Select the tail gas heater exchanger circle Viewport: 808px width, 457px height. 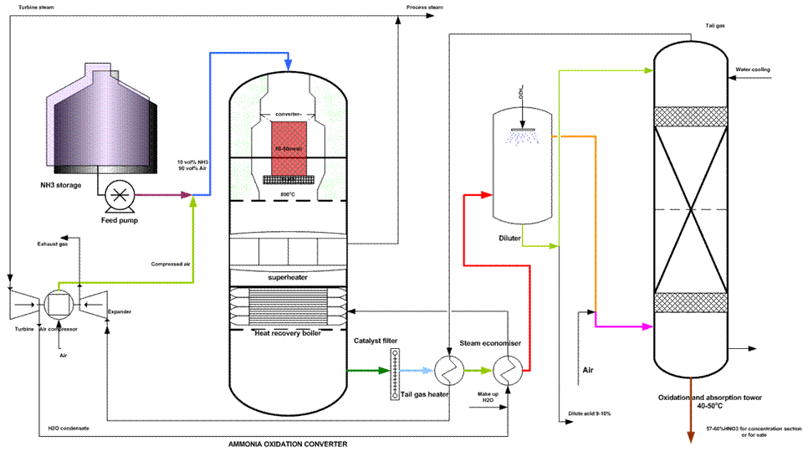444,368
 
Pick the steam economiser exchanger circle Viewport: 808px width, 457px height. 505,368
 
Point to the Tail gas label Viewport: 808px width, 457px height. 715,26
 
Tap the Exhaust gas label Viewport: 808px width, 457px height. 52,244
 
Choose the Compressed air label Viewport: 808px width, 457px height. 171,264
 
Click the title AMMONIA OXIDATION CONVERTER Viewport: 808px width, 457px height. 289,444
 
